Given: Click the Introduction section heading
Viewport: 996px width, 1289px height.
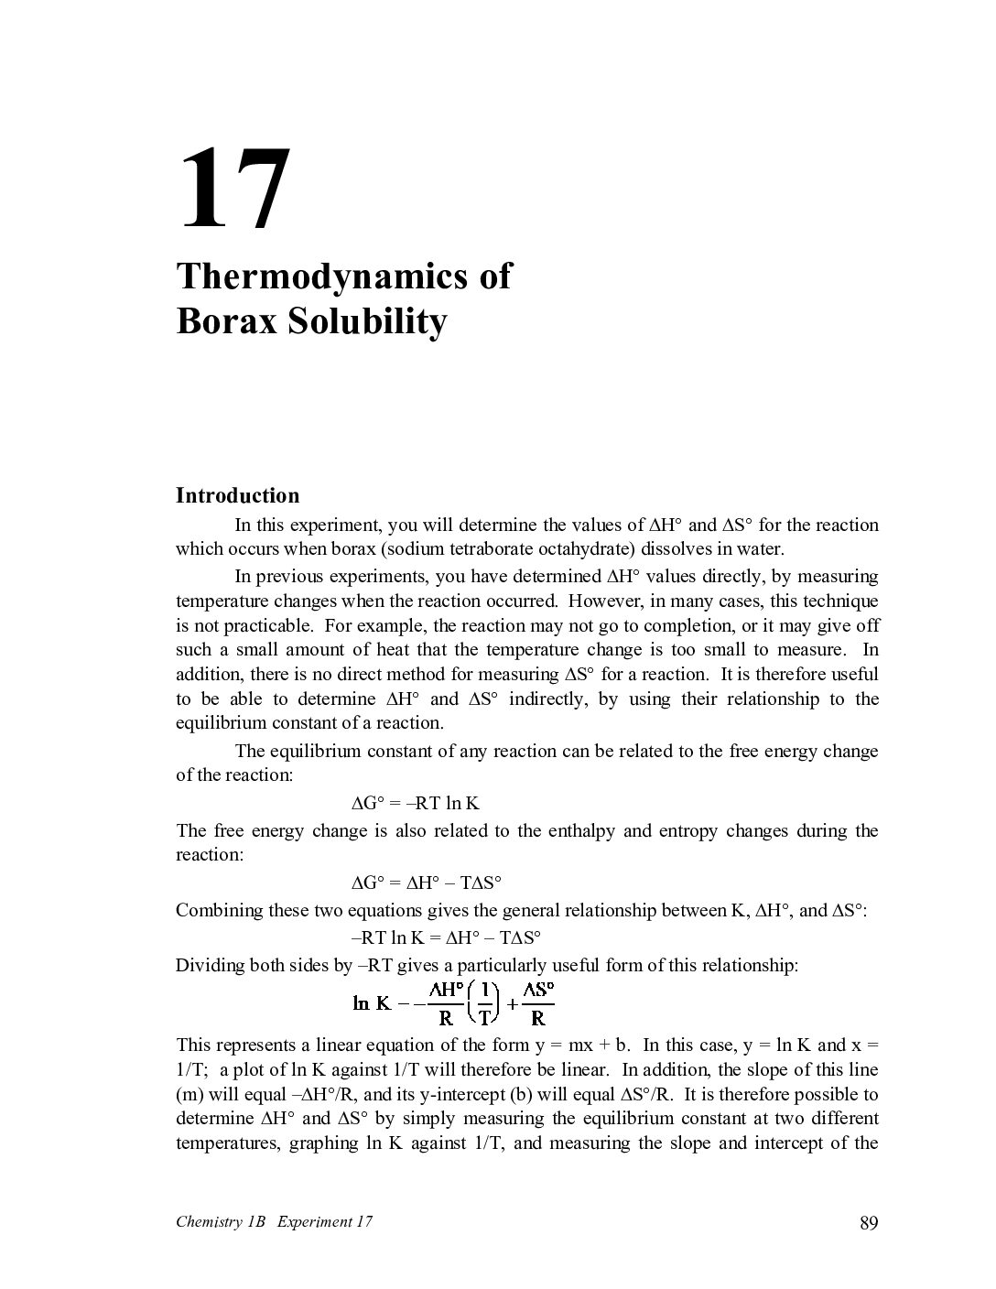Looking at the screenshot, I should (237, 495).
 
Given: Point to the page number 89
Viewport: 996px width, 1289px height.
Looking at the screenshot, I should (869, 1222).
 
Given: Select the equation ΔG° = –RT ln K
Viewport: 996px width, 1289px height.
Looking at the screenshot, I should (416, 804).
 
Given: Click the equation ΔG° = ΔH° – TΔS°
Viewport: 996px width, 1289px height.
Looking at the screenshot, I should (427, 883).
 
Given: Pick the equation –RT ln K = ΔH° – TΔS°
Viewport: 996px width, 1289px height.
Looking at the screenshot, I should (446, 937).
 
